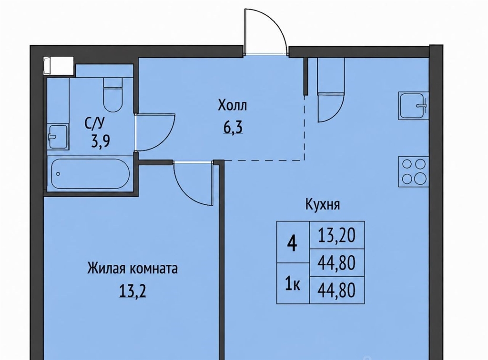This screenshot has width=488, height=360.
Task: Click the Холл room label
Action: click(x=232, y=105)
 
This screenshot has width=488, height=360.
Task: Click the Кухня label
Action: click(x=323, y=205)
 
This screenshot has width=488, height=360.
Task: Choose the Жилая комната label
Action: click(x=132, y=269)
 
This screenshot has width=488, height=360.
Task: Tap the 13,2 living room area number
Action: click(x=132, y=291)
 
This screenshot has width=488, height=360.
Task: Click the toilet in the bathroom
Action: click(x=113, y=94)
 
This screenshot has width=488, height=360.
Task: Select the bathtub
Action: click(x=91, y=173)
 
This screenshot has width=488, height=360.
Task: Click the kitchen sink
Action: click(x=413, y=105)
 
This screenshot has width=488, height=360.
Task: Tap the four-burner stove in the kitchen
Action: click(x=413, y=171)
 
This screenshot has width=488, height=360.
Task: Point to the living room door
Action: click(x=193, y=183)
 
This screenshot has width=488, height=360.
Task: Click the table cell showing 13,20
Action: click(x=337, y=235)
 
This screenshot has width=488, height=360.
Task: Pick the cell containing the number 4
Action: click(x=292, y=242)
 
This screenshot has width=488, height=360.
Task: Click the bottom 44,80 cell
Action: click(x=337, y=290)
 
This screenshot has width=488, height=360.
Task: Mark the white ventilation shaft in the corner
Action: click(x=59, y=66)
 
